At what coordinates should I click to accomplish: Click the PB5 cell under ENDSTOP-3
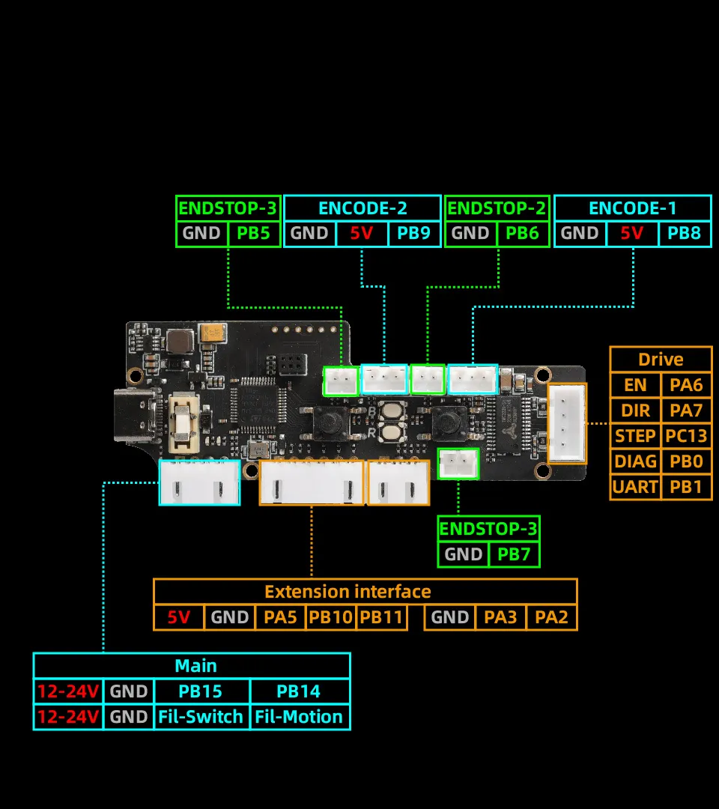253,233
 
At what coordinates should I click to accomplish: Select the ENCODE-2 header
362,208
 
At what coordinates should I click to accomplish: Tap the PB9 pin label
413,233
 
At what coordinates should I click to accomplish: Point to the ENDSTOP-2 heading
497,208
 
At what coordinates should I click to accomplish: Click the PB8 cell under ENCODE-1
684,233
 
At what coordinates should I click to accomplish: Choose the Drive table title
661,360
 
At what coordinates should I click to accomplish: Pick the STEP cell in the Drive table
635,436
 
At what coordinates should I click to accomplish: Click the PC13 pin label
686,436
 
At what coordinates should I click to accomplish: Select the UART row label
635,487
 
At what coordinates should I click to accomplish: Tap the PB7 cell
514,554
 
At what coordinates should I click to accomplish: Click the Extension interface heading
348,592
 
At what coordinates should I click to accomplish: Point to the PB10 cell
331,618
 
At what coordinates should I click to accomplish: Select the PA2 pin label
552,618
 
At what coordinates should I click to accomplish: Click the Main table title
195,666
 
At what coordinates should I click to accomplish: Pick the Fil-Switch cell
201,717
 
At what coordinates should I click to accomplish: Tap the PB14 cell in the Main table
299,691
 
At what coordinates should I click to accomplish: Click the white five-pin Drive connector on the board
567,423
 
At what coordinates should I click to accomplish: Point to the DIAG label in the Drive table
635,461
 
